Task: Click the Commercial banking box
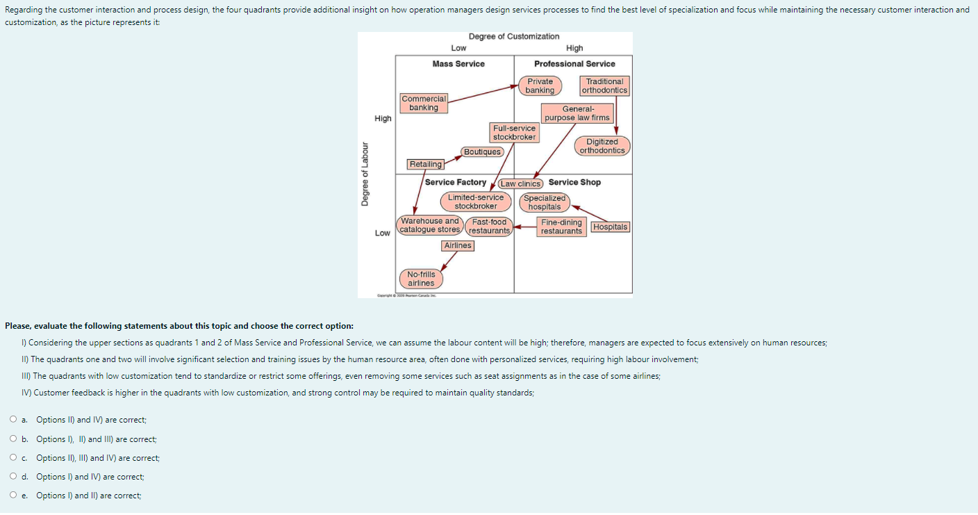tap(424, 103)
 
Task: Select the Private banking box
tap(540, 86)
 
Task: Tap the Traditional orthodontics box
tap(604, 86)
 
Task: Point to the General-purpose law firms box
tap(577, 113)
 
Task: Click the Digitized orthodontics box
tap(602, 146)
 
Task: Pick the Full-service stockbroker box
tap(514, 133)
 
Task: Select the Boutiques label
tap(482, 152)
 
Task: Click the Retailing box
tap(426, 165)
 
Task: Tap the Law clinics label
tap(520, 183)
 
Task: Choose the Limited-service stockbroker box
tap(476, 202)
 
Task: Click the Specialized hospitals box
tap(545, 202)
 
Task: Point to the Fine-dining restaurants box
tap(561, 227)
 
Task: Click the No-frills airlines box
tap(421, 279)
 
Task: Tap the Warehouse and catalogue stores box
tap(429, 225)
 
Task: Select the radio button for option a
tap(14, 420)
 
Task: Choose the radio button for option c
tap(14, 458)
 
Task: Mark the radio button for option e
tap(14, 496)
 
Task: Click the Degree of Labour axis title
tap(364, 174)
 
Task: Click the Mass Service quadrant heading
tap(458, 64)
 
